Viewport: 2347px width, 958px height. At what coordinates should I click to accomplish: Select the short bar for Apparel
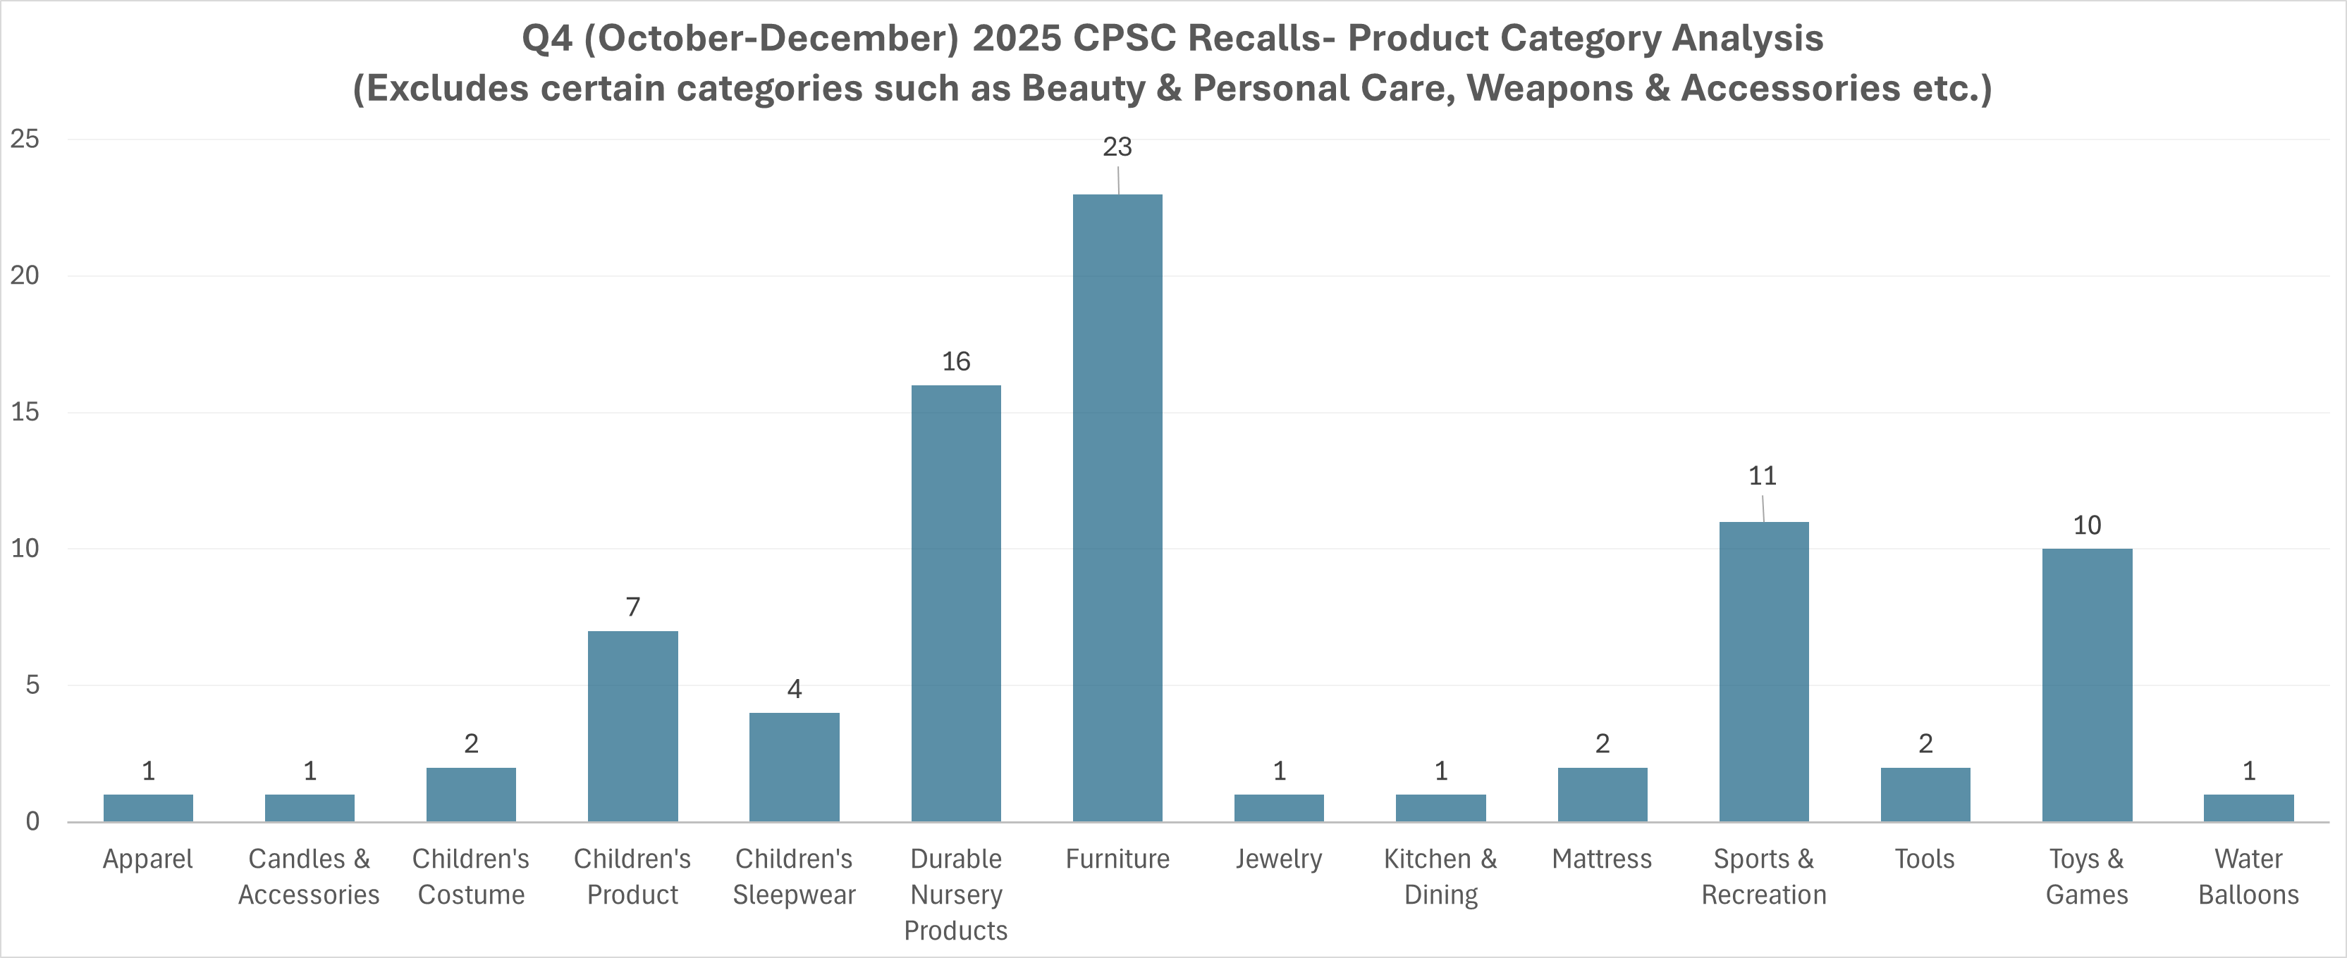click(147, 808)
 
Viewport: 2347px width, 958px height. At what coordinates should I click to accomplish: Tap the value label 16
click(956, 361)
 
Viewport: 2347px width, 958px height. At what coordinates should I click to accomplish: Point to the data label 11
click(1762, 475)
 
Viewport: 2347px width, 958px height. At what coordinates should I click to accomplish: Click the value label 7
click(632, 606)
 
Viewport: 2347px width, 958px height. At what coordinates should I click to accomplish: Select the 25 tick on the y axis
click(25, 139)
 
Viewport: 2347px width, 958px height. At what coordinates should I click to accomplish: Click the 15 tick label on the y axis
click(25, 411)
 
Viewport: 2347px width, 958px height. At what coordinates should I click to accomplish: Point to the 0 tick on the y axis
click(32, 821)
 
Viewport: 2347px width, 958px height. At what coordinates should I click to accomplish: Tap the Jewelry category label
click(1278, 859)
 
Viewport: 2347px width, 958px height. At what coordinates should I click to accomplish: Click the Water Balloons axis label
click(2248, 876)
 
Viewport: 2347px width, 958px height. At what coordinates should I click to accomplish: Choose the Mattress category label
click(1601, 859)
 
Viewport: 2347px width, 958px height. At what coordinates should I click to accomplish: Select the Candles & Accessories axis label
click(309, 876)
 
